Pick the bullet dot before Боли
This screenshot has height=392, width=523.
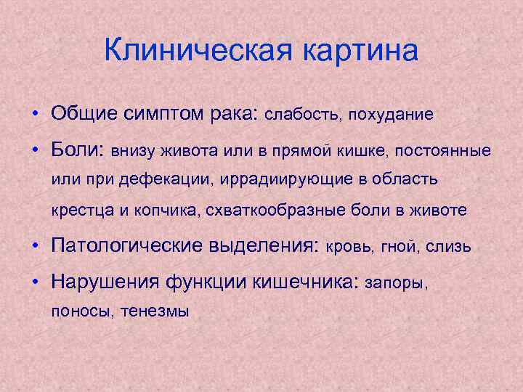point(35,150)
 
